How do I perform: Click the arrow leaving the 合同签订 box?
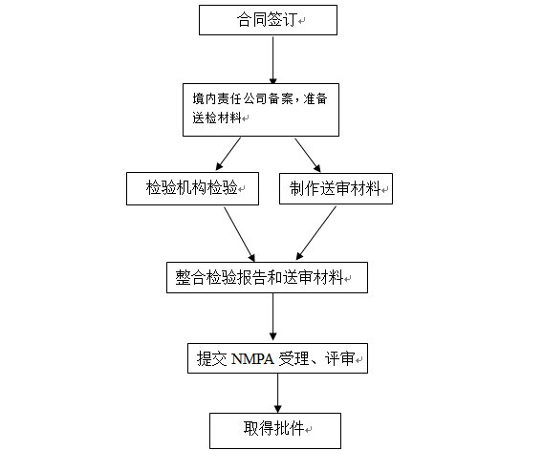click(272, 60)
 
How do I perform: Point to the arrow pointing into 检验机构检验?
click(228, 154)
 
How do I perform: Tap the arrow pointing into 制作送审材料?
click(308, 155)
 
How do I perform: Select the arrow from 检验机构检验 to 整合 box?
click(240, 234)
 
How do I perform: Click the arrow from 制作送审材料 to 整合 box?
click(315, 233)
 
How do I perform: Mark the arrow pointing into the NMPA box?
click(272, 317)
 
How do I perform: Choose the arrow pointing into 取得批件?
click(278, 394)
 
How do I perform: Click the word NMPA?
click(252, 359)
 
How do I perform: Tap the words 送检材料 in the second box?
click(217, 118)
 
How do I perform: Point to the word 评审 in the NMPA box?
click(339, 358)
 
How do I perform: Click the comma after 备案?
click(296, 102)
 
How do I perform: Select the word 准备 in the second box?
click(315, 99)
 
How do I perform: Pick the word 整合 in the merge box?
click(190, 277)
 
